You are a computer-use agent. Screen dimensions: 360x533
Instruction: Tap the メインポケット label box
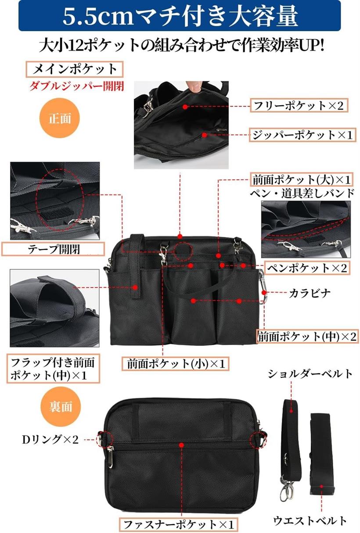click(x=75, y=69)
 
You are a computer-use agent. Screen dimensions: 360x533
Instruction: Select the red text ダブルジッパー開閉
click(x=77, y=86)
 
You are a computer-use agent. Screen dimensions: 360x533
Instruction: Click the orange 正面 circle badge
click(x=60, y=118)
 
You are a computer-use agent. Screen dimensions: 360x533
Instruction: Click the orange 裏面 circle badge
click(x=61, y=406)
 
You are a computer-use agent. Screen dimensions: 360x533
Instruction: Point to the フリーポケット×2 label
click(x=299, y=105)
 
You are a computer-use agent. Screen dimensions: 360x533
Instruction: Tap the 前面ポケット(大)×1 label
click(x=302, y=179)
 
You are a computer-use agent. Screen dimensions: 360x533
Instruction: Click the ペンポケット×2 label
click(x=307, y=268)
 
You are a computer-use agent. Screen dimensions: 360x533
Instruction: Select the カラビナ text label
click(x=310, y=293)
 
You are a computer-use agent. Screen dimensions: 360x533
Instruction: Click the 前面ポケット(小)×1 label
click(x=176, y=364)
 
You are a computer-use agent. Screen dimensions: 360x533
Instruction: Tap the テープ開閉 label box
click(x=53, y=249)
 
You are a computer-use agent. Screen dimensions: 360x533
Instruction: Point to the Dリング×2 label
click(x=50, y=440)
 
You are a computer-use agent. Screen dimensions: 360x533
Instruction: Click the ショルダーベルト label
click(x=310, y=374)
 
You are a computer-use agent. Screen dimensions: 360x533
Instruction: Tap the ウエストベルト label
click(x=310, y=520)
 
